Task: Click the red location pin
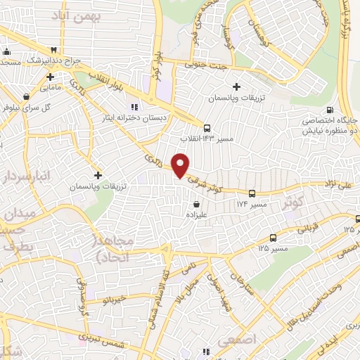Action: tap(181, 165)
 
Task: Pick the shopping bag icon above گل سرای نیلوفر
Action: tap(26, 96)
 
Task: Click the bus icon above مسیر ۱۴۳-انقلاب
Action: tap(206, 128)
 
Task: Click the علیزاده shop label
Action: tap(196, 216)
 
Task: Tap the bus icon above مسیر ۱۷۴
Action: tap(251, 192)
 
